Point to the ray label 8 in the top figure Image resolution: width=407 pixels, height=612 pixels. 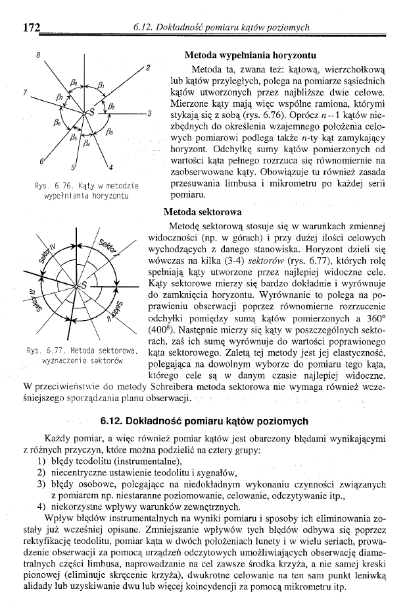[39, 55]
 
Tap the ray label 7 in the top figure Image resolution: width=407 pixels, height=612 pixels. [24, 93]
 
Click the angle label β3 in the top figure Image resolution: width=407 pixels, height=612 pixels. [108, 132]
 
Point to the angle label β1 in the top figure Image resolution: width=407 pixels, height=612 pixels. [101, 84]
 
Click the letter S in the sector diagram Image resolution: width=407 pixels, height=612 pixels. [84, 285]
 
